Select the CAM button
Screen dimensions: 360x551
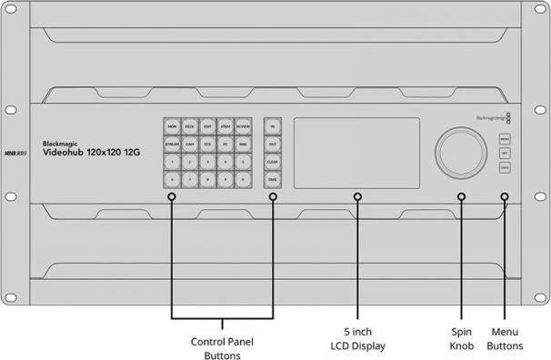point(190,144)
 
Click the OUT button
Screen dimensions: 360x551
point(273,144)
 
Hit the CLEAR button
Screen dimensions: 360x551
point(273,162)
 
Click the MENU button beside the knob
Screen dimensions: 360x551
point(505,139)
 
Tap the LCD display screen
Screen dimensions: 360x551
point(356,152)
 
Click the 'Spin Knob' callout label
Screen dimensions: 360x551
point(463,338)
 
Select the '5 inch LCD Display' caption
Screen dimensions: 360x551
point(357,338)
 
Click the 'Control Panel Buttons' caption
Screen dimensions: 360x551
point(223,349)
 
